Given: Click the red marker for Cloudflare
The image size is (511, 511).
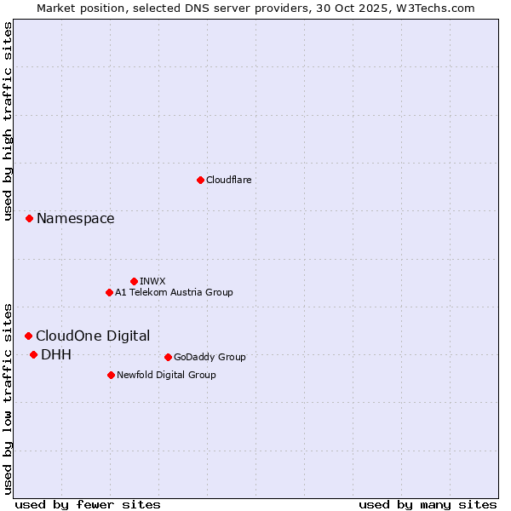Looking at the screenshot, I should click(200, 180).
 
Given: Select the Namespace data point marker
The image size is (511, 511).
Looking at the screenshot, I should click(29, 219).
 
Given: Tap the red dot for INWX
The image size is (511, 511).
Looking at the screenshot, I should click(134, 281).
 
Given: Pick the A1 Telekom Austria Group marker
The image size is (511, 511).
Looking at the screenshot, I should click(109, 292).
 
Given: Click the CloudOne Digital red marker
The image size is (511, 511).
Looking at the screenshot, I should click(28, 336).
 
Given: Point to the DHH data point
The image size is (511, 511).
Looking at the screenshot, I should click(33, 355).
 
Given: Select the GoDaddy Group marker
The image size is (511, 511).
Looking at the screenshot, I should click(168, 357).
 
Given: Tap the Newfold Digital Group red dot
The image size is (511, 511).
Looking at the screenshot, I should click(111, 375).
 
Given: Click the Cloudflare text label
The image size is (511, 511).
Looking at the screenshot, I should click(228, 180).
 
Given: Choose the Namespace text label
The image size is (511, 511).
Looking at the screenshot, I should click(75, 219).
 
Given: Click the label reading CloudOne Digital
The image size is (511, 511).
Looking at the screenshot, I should click(93, 336).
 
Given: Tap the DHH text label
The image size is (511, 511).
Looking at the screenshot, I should click(56, 355).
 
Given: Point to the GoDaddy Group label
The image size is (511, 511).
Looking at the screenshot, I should click(210, 357).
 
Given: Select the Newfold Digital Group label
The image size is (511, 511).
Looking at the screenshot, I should click(166, 375).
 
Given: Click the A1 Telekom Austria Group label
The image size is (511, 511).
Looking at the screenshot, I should click(174, 292).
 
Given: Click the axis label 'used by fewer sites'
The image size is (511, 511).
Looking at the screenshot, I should click(88, 504).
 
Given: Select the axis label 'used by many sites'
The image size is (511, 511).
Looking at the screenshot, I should click(428, 504).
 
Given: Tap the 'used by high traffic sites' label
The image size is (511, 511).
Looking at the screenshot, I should click(9, 121).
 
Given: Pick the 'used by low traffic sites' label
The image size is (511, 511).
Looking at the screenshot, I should click(9, 398).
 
